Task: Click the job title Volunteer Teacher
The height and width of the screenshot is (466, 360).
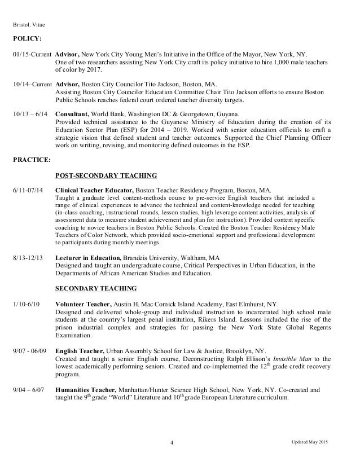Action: tap(82, 304)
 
